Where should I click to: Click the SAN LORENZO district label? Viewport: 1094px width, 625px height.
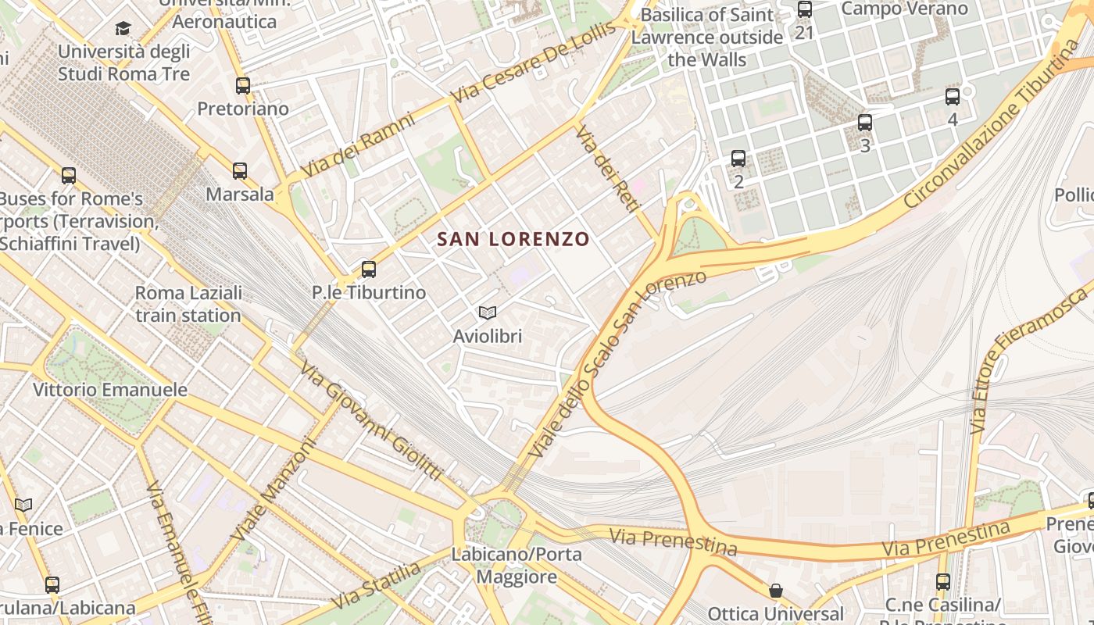pos(513,239)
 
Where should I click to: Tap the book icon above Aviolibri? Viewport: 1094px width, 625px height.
pos(488,313)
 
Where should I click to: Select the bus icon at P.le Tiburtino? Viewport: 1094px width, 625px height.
pos(369,270)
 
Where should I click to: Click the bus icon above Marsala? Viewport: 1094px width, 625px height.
pos(240,170)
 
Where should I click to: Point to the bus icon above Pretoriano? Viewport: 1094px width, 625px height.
pos(243,85)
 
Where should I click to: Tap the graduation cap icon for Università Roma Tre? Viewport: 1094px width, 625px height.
pos(123,29)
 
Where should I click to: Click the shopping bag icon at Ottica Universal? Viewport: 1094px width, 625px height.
pos(776,591)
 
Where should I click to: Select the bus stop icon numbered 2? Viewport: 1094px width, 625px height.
pos(738,159)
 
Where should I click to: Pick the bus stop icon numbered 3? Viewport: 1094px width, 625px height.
pos(865,123)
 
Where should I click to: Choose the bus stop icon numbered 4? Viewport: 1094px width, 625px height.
pos(953,97)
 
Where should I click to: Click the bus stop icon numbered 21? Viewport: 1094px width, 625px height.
pos(805,10)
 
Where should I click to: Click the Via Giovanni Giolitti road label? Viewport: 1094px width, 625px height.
pos(371,421)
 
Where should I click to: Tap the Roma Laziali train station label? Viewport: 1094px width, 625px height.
pos(188,304)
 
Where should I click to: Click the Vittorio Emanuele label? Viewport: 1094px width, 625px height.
pos(110,389)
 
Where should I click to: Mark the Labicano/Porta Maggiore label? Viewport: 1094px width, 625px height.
pos(517,566)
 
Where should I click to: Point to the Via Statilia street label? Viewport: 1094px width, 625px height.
pos(377,585)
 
